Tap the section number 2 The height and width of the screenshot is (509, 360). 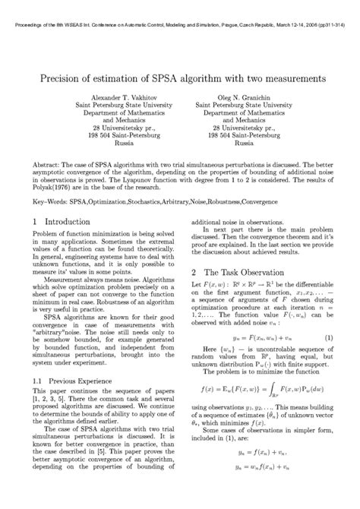pyautogui.click(x=194, y=271)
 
